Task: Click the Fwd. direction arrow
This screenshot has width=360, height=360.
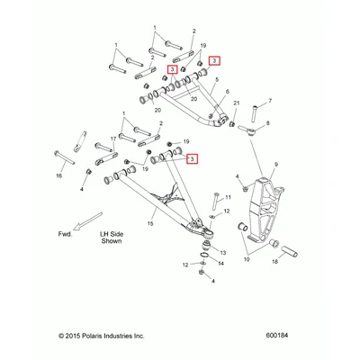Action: (x=88, y=221)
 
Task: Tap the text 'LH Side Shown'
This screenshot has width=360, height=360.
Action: (x=112, y=238)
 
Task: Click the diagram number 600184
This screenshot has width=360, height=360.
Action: (x=276, y=335)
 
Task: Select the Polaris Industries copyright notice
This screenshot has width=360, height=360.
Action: (x=102, y=336)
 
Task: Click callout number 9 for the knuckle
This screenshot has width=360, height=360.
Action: (x=276, y=164)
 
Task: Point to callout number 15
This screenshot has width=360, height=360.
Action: (x=150, y=223)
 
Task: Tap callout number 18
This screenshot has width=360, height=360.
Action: (x=274, y=261)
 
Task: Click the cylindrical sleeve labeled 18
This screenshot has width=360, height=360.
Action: (x=289, y=251)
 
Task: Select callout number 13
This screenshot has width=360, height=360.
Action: (x=223, y=253)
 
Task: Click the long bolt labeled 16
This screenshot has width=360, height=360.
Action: (x=65, y=157)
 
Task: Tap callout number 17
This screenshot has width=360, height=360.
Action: (x=113, y=139)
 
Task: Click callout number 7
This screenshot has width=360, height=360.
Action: (x=270, y=101)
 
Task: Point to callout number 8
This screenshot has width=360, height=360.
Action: (x=267, y=122)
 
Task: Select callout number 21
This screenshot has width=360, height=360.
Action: (x=237, y=103)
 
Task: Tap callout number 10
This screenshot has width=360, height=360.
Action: (x=247, y=259)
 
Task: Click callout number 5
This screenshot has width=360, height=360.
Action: (x=217, y=79)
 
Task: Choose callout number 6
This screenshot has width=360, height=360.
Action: (x=227, y=91)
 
